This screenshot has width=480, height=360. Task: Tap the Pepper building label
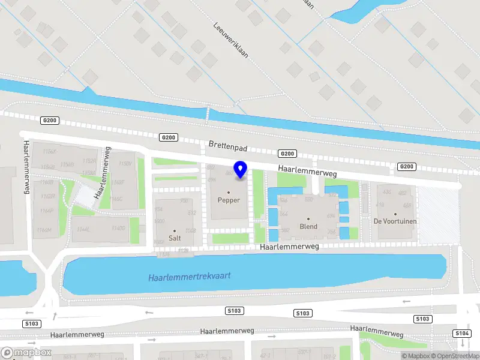229,200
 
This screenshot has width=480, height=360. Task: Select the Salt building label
175,238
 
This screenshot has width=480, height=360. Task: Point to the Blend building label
308,227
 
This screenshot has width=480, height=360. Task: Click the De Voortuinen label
395,221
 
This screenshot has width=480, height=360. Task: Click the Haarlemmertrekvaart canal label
190,277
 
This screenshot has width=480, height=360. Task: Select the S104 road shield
462,333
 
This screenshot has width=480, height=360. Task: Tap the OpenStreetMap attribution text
455,356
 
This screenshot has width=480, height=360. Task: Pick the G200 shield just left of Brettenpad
169,137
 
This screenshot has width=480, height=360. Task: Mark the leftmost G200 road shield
49,121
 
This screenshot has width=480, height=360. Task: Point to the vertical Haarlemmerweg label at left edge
26,167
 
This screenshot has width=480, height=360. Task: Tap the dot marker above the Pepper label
229,193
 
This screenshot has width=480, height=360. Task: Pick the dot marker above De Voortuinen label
395,214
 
